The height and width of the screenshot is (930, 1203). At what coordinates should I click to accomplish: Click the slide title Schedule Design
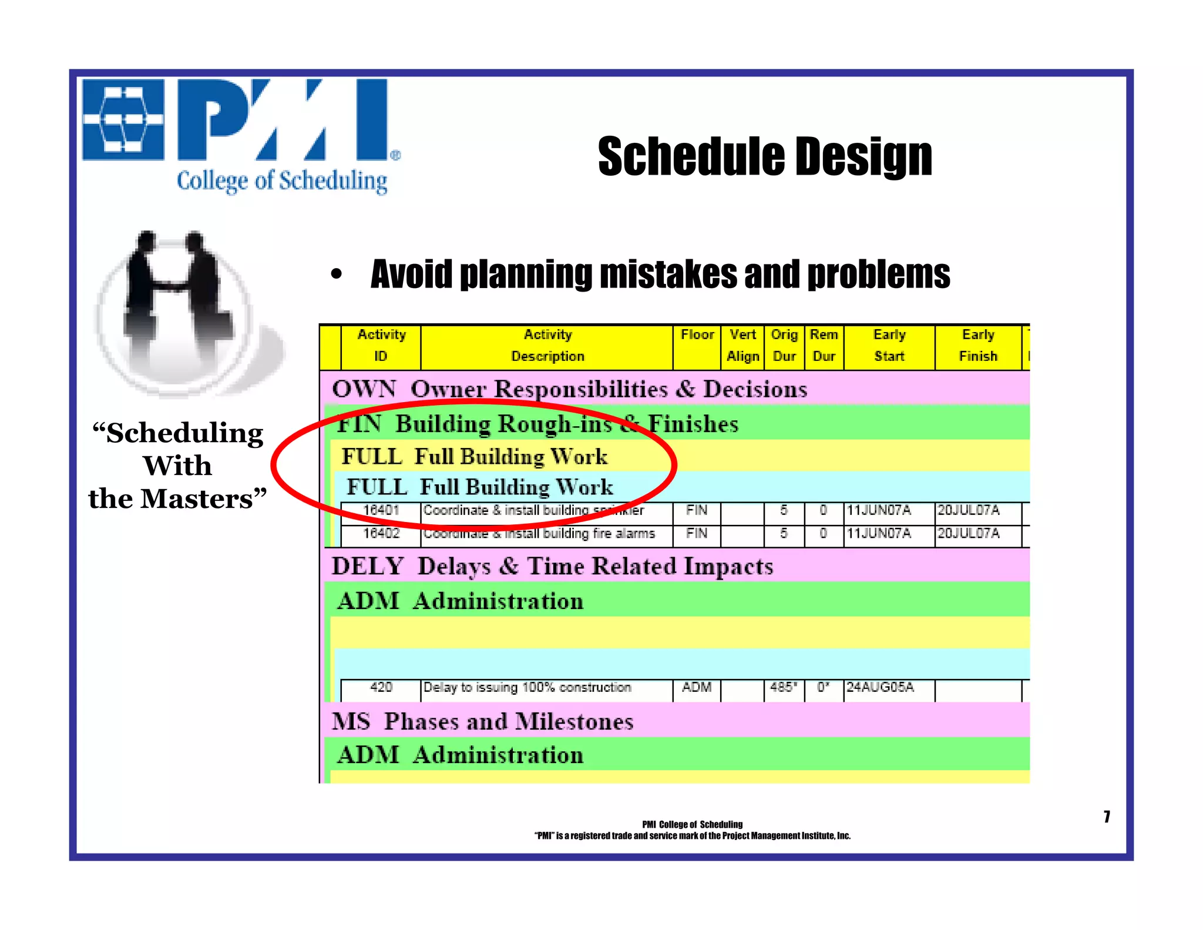pyautogui.click(x=764, y=156)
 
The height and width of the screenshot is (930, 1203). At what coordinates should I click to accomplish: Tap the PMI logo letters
pyautogui.click(x=282, y=120)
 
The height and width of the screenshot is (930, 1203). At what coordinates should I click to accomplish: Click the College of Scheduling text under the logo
pyautogui.click(x=282, y=180)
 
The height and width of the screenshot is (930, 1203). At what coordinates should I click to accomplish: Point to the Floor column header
pyautogui.click(x=697, y=335)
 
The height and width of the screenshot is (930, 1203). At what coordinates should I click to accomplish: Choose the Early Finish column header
pyautogui.click(x=977, y=346)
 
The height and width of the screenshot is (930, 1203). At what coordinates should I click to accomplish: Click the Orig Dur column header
pyautogui.click(x=784, y=346)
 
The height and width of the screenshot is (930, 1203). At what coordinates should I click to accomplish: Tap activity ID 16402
pyautogui.click(x=381, y=534)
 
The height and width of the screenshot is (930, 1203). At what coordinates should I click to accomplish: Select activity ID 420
pyautogui.click(x=381, y=687)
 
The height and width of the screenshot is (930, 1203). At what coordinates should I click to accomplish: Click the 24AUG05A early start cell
pyautogui.click(x=879, y=687)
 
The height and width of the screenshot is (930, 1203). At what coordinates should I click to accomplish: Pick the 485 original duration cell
pyautogui.click(x=783, y=687)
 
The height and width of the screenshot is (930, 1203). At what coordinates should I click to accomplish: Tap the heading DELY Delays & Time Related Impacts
pyautogui.click(x=552, y=566)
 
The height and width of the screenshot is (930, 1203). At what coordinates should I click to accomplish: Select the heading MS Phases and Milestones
pyautogui.click(x=482, y=721)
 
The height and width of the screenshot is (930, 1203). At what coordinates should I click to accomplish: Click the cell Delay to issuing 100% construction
pyautogui.click(x=527, y=687)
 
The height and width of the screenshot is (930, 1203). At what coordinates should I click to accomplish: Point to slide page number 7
pyautogui.click(x=1107, y=817)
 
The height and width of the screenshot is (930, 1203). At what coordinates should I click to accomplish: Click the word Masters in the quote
pyautogui.click(x=196, y=499)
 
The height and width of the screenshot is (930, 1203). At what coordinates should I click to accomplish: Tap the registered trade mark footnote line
pyautogui.click(x=692, y=836)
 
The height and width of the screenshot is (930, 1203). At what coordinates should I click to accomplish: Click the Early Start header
pyautogui.click(x=889, y=346)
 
